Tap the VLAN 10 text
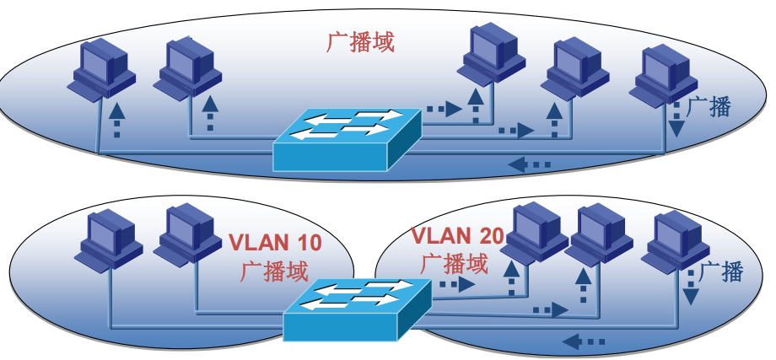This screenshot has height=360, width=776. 276,243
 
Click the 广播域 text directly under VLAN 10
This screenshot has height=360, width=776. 274,271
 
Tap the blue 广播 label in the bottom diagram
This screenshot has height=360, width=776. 721,271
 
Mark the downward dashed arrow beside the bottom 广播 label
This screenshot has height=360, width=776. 689,285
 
